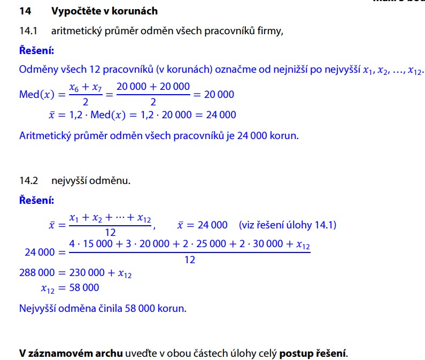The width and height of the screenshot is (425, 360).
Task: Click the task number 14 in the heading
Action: (x=25, y=11)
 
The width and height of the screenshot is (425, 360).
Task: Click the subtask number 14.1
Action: (x=27, y=30)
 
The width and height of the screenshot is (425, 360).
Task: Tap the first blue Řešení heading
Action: (x=36, y=51)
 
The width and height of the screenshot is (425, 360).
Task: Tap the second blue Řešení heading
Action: (x=36, y=201)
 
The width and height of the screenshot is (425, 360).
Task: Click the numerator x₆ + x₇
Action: (x=84, y=88)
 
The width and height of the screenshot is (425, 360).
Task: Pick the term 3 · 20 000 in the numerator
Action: (x=146, y=244)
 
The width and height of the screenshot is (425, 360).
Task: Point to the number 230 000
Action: (x=87, y=273)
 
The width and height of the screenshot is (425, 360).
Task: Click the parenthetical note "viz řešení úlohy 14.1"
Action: (x=288, y=225)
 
